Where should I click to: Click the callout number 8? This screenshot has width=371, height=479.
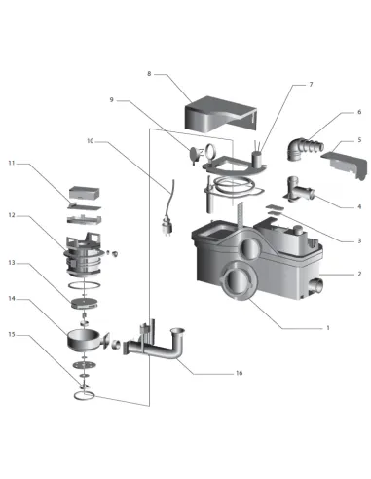click(149, 74)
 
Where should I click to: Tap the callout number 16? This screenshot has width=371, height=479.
click(239, 373)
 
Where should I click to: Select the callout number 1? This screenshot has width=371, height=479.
click(328, 328)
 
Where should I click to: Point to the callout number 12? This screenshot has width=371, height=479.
click(12, 215)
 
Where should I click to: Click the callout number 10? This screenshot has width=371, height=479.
click(90, 141)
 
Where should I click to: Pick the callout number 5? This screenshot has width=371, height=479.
click(359, 140)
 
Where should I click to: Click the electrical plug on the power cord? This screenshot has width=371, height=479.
click(168, 228)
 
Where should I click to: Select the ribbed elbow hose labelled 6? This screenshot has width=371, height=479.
click(304, 148)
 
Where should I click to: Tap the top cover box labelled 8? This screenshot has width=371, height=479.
click(221, 114)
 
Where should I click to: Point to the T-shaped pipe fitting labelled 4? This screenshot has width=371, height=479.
click(299, 191)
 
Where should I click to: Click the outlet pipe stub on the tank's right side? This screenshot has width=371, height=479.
click(315, 286)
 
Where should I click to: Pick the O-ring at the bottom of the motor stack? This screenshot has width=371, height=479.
click(84, 396)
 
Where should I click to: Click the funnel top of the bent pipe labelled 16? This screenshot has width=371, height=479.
click(177, 332)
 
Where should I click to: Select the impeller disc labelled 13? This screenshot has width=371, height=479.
click(84, 303)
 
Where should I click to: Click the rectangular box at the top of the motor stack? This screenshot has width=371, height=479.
click(85, 193)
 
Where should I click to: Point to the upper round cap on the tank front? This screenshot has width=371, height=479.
click(249, 248)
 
